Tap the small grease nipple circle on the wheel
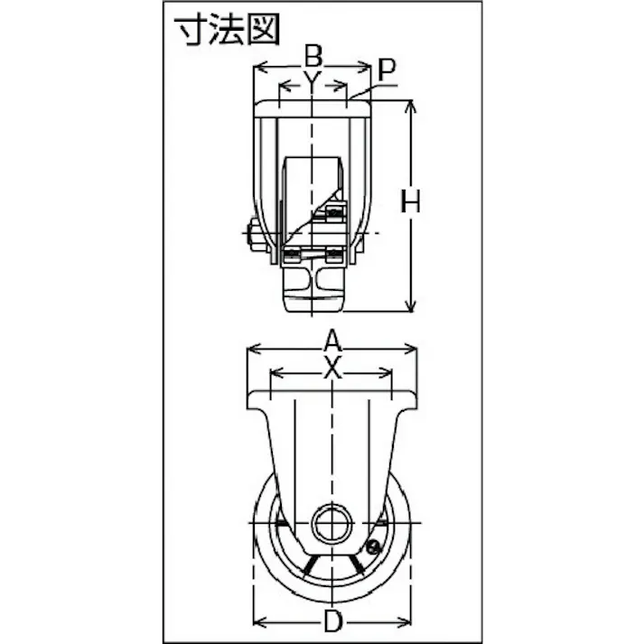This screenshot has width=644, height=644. [373, 546]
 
